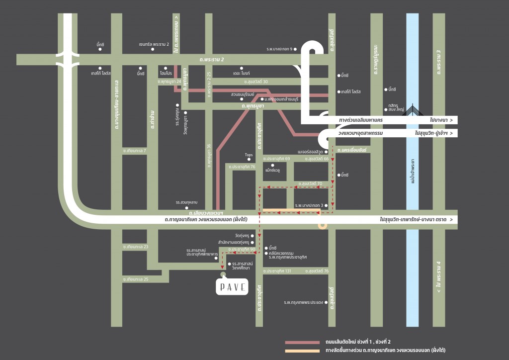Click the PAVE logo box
232,286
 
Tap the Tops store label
249,155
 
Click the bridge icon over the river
413,110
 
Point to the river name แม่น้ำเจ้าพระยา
413,172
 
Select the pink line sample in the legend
302,343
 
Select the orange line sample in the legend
302,351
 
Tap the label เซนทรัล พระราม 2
155,44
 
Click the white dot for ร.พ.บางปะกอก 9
295,49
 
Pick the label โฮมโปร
166,74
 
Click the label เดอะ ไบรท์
241,74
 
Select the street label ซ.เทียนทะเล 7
135,150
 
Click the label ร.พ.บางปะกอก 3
309,205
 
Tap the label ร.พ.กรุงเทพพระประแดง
303,302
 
